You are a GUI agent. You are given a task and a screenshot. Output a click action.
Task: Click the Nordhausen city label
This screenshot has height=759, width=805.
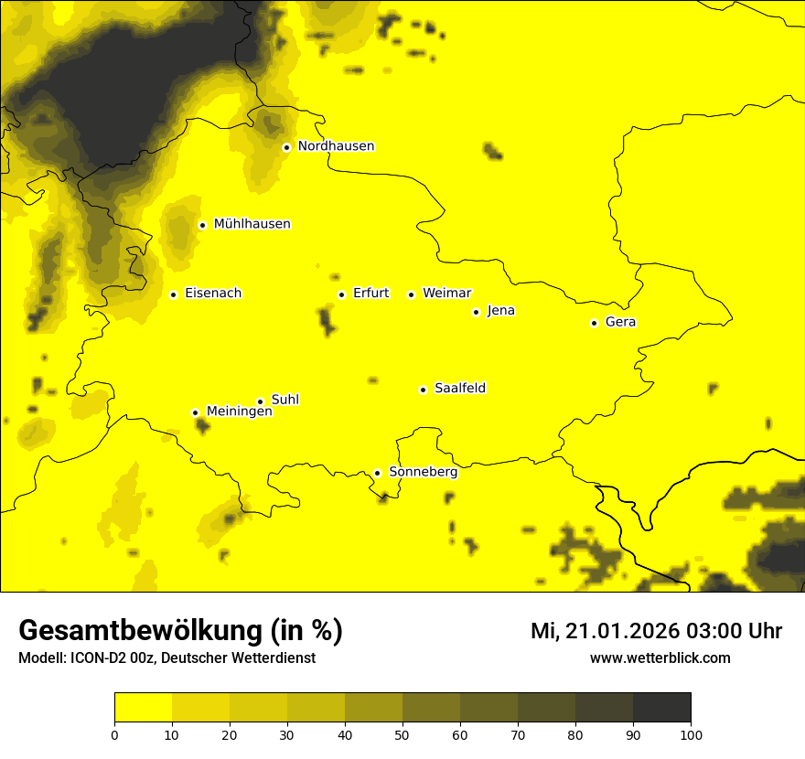coord(336,146)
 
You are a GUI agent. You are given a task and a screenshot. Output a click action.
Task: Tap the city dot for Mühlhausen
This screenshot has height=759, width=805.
coord(202,225)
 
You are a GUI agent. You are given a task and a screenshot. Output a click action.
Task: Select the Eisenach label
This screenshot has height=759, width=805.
coord(213,294)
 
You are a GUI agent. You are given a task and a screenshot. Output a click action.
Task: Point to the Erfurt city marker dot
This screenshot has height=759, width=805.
coord(341,294)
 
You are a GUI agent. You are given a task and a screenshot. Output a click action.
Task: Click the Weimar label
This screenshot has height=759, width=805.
coord(446,294)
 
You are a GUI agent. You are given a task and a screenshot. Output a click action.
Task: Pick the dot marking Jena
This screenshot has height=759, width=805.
coord(476,312)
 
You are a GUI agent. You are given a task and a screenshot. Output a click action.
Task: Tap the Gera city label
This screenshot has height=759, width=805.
coord(620,322)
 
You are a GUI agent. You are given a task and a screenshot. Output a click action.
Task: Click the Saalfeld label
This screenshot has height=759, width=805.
coord(460,389)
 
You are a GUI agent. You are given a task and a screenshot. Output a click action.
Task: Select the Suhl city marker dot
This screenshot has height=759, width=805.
coord(260,401)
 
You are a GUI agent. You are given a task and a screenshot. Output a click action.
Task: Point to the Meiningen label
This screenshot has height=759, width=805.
coord(240,412)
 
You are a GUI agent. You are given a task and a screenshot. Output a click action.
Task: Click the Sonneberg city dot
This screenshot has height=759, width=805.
coord(377,473)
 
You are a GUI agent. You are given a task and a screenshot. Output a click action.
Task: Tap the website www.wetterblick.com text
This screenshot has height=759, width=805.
coord(660,658)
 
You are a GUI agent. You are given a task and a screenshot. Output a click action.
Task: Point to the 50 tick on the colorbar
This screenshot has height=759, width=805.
coord(402,733)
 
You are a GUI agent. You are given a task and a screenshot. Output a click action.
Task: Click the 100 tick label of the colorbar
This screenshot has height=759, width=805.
coord(691,733)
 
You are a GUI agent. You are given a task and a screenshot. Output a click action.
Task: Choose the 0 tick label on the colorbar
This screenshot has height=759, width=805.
coord(114,733)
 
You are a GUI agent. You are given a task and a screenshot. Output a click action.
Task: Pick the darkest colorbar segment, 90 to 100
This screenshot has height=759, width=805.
coord(661,708)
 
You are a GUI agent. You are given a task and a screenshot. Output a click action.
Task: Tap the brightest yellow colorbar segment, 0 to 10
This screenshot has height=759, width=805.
coord(143,708)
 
